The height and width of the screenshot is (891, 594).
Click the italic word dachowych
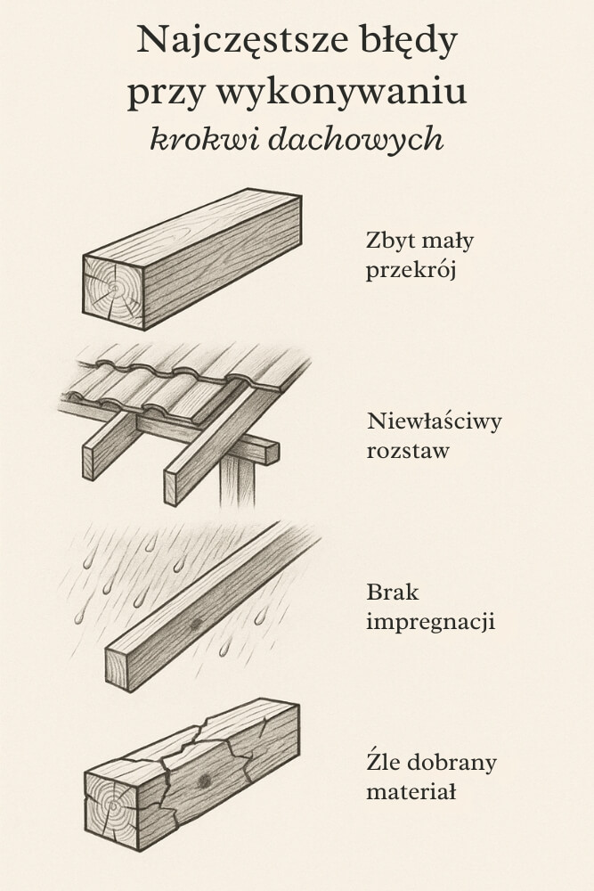(356, 139)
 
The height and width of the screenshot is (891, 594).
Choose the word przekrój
(411, 271)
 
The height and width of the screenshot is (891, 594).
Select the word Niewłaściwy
(434, 421)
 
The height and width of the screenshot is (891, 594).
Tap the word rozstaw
(408, 451)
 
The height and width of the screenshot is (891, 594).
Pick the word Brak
(393, 593)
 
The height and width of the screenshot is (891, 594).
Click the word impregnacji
(430, 622)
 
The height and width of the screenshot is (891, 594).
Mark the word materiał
(411, 791)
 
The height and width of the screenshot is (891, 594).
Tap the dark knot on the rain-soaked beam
(196, 624)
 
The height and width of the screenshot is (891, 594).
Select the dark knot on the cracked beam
(205, 781)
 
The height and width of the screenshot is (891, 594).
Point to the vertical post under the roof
(238, 481)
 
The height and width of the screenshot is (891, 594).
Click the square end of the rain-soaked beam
(117, 669)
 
